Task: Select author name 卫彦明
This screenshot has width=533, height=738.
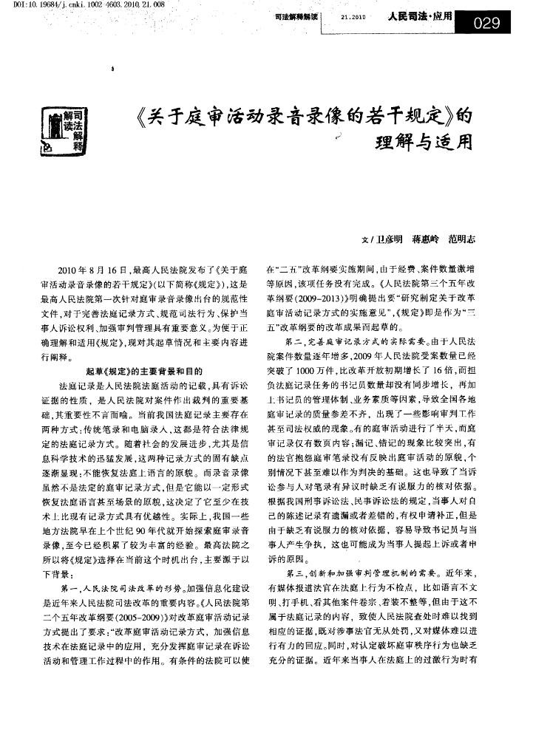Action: pyautogui.click(x=390, y=239)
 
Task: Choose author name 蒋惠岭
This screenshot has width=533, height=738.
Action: pyautogui.click(x=427, y=239)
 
